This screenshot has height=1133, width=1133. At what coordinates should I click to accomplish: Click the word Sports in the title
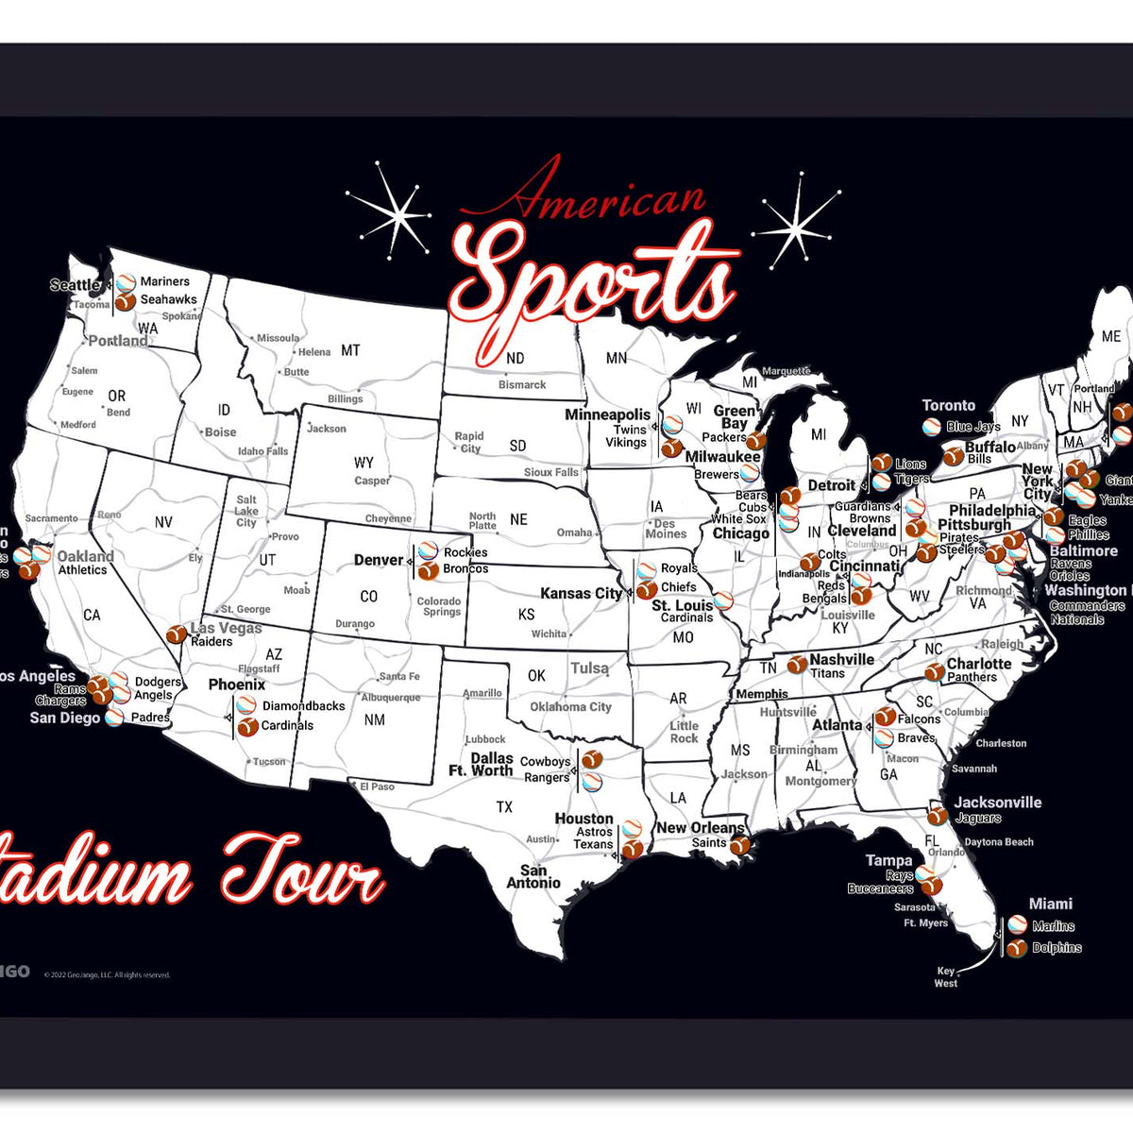point(595,279)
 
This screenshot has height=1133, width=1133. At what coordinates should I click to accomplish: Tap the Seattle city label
point(75,285)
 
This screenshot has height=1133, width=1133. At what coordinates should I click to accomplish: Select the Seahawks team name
point(169,299)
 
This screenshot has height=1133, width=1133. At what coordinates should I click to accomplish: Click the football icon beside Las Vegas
point(176,634)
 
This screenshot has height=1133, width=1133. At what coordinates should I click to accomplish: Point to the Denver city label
point(379,560)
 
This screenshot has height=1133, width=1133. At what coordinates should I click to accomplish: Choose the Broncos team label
point(465,569)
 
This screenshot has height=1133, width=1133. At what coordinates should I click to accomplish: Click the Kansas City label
point(582,594)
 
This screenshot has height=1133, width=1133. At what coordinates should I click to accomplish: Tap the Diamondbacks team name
point(304,706)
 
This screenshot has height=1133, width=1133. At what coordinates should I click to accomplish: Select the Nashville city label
point(841,660)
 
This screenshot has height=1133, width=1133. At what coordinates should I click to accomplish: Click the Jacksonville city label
point(997,803)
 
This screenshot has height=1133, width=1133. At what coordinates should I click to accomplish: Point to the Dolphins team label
point(1057,948)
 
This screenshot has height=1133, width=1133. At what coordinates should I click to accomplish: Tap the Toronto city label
point(949,405)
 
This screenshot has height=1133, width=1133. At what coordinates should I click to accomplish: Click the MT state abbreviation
point(350,350)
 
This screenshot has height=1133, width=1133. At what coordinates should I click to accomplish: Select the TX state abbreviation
point(505,807)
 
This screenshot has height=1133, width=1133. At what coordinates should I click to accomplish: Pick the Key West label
point(946,977)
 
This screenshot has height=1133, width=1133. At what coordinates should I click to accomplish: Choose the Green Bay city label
point(735,417)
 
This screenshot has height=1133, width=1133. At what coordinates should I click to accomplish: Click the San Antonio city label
point(533,877)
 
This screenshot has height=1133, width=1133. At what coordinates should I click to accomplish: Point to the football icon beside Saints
point(741,843)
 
